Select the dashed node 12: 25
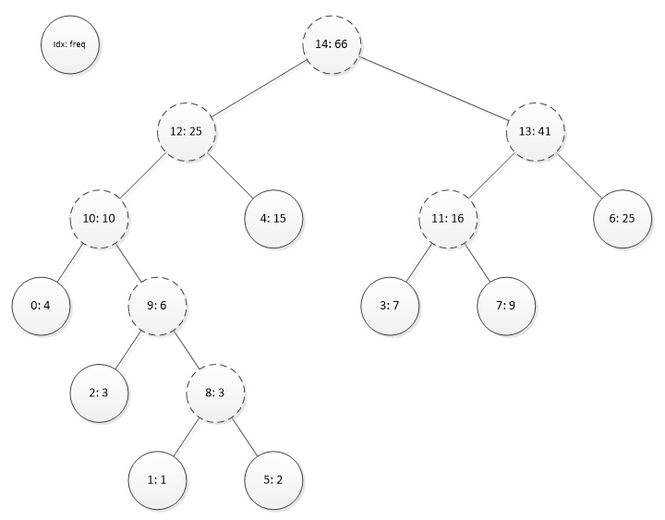(186, 132)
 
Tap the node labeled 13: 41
(536, 132)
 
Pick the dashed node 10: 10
(99, 219)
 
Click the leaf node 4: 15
(273, 219)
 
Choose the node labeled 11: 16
(448, 219)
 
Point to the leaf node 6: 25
(622, 219)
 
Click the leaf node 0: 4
(41, 306)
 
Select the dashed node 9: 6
(157, 306)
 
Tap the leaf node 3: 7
(390, 306)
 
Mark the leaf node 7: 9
(506, 306)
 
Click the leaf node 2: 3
(99, 393)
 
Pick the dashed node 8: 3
(215, 393)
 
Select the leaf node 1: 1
(157, 479)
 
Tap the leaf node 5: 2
(273, 479)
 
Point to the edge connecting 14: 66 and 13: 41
(434, 89)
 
